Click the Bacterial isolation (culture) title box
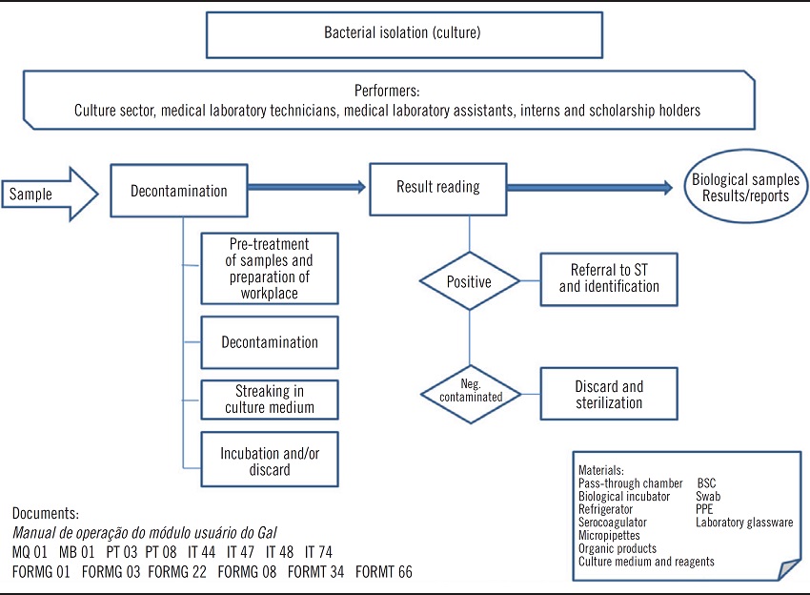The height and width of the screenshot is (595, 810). [403, 34]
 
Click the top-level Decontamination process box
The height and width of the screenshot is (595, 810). [179, 191]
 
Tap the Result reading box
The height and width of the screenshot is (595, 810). [438, 187]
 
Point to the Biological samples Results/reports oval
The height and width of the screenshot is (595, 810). [745, 188]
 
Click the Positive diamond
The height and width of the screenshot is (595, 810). [469, 282]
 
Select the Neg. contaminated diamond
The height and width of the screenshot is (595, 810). [469, 394]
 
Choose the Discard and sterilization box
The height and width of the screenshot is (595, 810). [609, 394]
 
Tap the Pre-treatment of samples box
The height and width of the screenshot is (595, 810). [270, 267]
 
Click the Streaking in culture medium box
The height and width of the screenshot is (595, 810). [270, 399]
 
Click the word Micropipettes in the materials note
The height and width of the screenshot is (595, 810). [611, 536]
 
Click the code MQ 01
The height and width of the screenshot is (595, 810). [30, 553]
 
